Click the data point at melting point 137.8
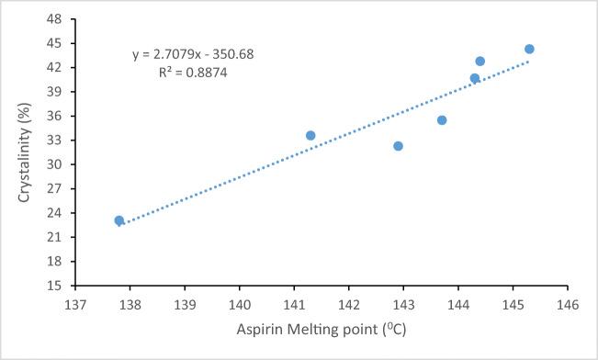pyautogui.click(x=119, y=220)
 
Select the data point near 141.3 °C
pyautogui.click(x=310, y=135)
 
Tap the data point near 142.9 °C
pyautogui.click(x=398, y=146)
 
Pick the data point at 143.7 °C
pyautogui.click(x=442, y=120)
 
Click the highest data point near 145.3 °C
pyautogui.click(x=529, y=49)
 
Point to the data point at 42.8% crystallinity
pyautogui.click(x=480, y=62)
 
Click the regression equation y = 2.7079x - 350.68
pyautogui.click(x=193, y=54)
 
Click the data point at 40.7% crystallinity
pyautogui.click(x=475, y=78)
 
